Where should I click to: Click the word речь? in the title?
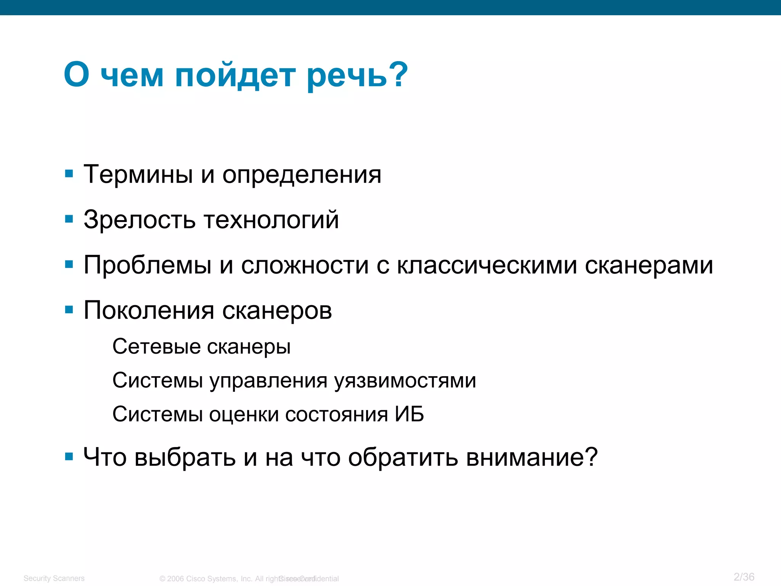pos(357,76)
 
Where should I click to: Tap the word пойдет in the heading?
pos(235,76)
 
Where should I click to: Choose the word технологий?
pos(271,220)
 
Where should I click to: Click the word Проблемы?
pos(148,265)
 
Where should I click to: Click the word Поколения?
pos(149,311)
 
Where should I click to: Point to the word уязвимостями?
pos(405,381)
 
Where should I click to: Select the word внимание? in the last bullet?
pos(532,457)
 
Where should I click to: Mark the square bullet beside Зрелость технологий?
pos(69,219)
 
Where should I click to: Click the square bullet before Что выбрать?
pos(69,457)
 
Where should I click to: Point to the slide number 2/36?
pos(744,577)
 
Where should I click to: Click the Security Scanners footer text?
pos(54,578)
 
